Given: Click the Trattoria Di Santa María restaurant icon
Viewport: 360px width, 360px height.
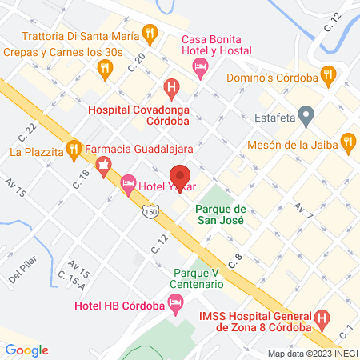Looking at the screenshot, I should [149, 34].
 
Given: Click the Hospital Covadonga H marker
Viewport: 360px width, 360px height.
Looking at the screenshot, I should [170, 86].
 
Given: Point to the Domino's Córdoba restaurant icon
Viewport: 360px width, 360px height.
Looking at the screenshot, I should [326, 74].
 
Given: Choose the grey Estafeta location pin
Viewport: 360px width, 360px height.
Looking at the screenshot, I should [306, 115].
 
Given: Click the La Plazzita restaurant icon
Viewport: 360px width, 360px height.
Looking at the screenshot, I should [74, 148].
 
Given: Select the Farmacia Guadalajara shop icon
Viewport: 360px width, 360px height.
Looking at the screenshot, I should [102, 166].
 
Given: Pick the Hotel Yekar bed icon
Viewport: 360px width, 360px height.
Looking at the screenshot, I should [128, 186].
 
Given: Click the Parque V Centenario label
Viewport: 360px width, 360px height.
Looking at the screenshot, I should [196, 278].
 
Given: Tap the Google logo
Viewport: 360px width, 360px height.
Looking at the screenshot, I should [26, 350].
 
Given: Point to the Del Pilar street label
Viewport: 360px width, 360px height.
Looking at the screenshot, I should [25, 275].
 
